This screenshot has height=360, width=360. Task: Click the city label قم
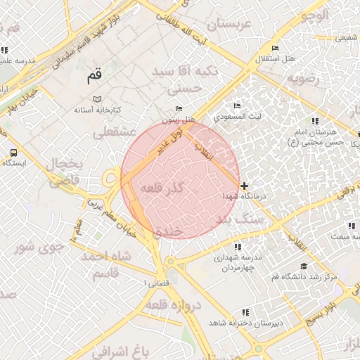(x=94, y=75)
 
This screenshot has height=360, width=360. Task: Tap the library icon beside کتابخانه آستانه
(x=97, y=98)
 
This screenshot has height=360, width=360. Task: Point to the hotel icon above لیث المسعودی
(x=237, y=105)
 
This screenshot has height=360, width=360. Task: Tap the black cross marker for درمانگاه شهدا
(x=244, y=186)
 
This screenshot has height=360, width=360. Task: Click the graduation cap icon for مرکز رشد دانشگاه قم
(x=304, y=266)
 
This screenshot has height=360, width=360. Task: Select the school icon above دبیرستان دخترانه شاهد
(x=245, y=311)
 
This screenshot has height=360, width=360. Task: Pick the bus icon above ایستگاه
(x=14, y=153)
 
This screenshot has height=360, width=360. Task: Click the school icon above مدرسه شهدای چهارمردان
(x=237, y=247)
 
